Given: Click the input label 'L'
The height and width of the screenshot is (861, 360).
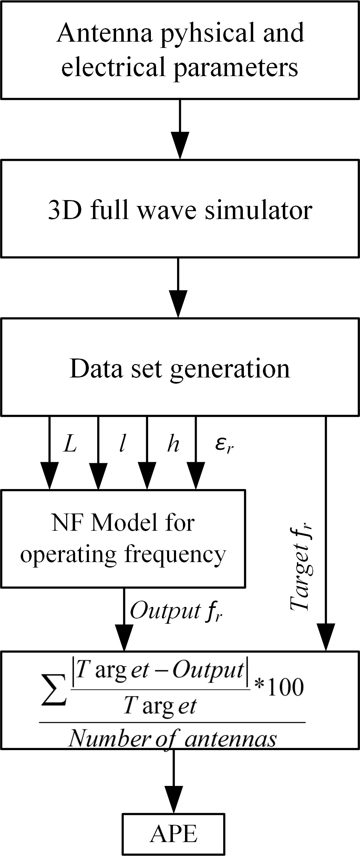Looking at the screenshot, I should point(70,445).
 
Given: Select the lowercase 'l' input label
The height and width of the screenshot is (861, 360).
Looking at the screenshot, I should point(121,444).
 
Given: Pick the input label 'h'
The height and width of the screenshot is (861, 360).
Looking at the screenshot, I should point(173,444).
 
